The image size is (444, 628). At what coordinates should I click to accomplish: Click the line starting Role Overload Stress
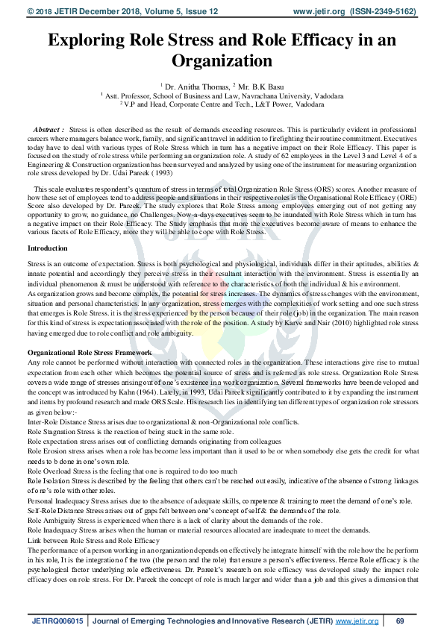click(132, 471)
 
